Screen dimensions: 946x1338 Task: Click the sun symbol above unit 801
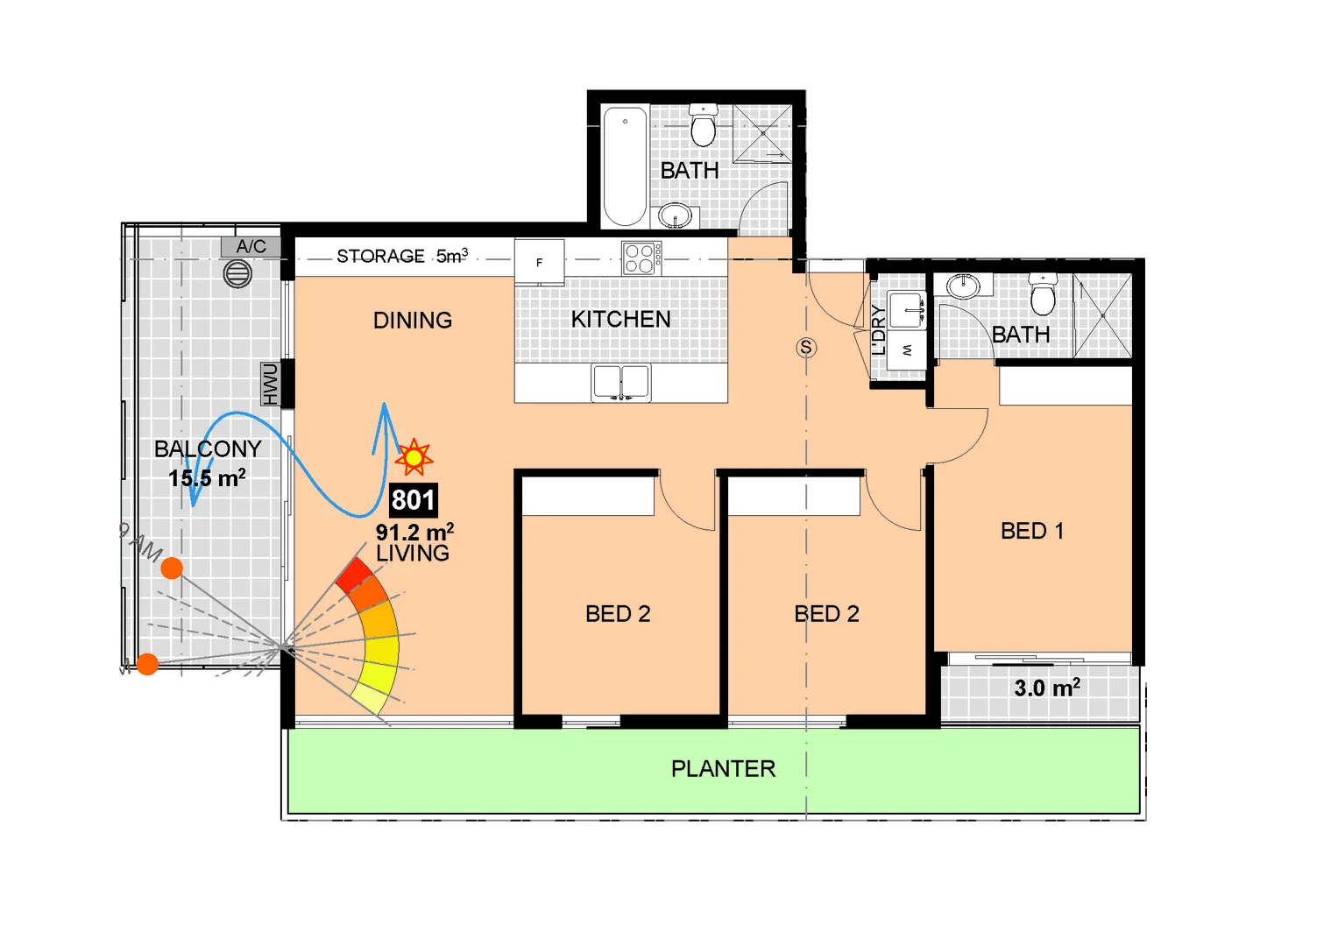click(414, 457)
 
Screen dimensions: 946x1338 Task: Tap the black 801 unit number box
click(413, 500)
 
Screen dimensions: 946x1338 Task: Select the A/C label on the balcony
click(251, 247)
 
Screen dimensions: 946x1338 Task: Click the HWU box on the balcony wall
click(270, 384)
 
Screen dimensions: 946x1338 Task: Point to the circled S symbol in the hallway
click(806, 348)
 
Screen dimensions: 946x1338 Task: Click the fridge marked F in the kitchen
click(539, 262)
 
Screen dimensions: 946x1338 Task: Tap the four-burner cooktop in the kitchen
click(641, 258)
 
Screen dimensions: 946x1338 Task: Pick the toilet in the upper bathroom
click(703, 125)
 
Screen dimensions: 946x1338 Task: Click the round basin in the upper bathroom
click(675, 214)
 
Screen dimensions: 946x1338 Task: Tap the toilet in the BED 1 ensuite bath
click(1043, 294)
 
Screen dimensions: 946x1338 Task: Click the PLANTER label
click(723, 769)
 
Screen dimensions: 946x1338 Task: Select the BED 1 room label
click(1031, 531)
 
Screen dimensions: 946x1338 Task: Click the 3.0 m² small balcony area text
click(1047, 688)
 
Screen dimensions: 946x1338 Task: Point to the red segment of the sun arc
click(354, 575)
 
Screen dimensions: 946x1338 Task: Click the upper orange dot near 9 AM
click(172, 568)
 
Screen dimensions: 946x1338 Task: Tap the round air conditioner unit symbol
click(237, 274)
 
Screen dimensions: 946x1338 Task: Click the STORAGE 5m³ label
click(402, 256)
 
